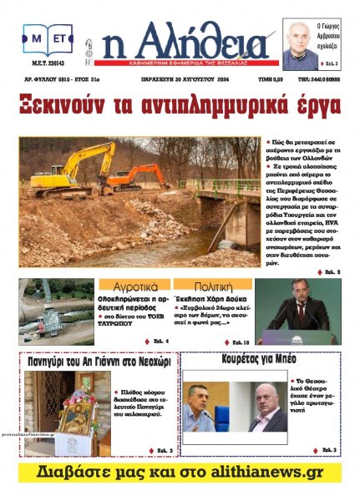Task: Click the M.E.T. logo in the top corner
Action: (48, 39)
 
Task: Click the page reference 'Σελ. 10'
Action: (239, 342)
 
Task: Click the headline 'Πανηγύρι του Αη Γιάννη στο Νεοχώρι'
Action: (97, 364)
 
